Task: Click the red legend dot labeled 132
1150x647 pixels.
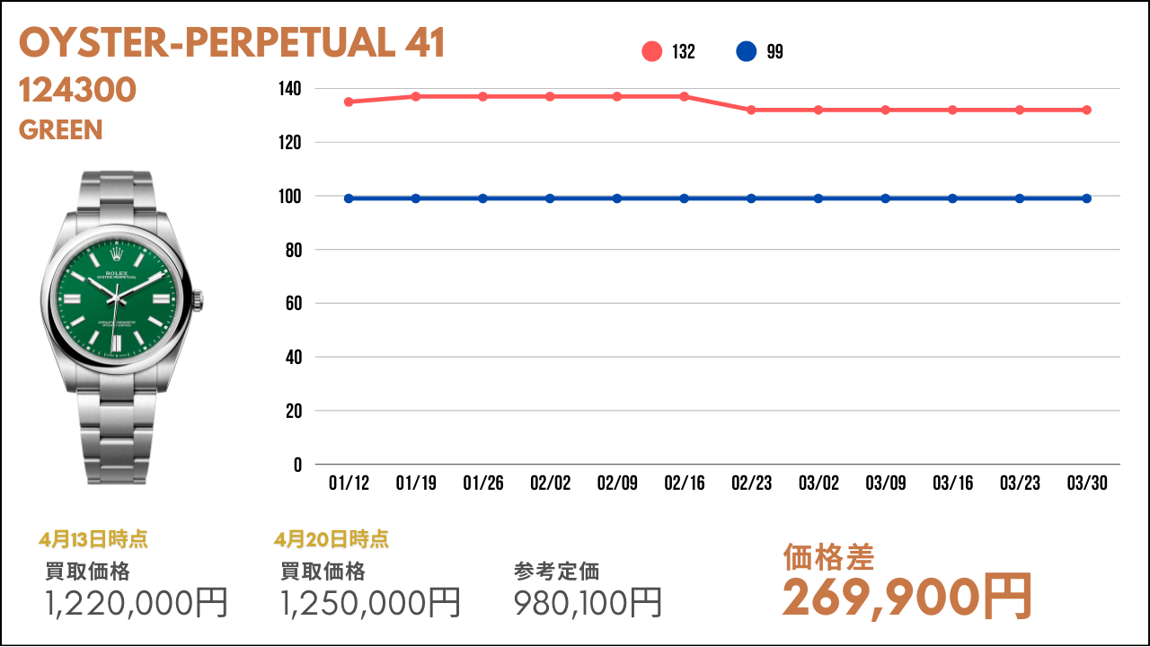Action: point(652,52)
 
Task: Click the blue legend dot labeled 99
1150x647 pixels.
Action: point(746,52)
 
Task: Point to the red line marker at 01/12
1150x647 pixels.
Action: point(349,102)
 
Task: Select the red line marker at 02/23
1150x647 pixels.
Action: point(751,110)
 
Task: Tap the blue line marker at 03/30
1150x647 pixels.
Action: point(1086,199)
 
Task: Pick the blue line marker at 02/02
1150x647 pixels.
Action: point(550,199)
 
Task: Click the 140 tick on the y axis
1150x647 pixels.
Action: point(289,89)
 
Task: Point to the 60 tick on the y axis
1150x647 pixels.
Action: point(293,304)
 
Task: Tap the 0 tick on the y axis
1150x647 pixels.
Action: point(297,465)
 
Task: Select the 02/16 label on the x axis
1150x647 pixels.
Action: point(685,483)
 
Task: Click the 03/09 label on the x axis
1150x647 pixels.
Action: point(885,483)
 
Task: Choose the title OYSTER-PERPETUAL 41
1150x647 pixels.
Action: point(232,44)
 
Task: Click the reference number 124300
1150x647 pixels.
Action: point(77,90)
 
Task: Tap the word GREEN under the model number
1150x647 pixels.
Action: point(60,130)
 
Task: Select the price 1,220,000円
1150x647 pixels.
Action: point(137,602)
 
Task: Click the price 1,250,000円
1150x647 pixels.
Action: point(371,602)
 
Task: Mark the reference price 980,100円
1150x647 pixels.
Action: point(588,602)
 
